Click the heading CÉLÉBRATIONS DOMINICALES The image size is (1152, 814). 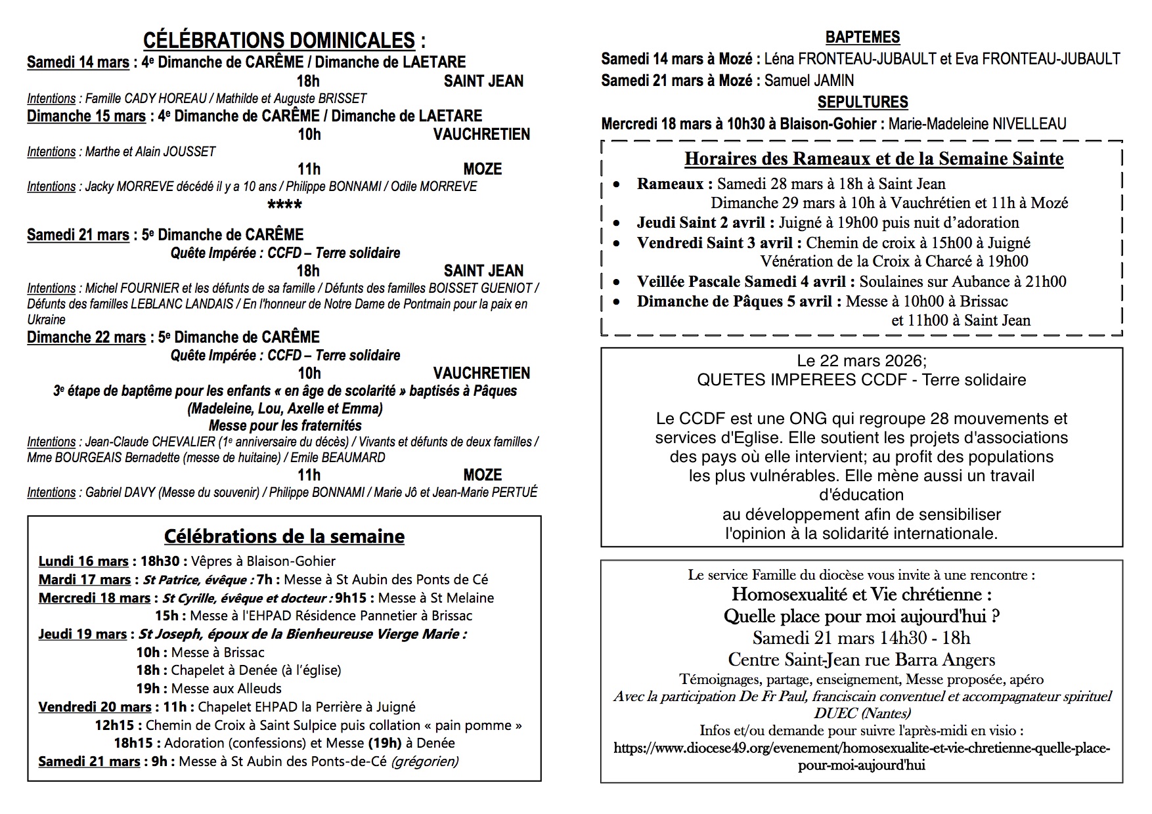click(x=279, y=41)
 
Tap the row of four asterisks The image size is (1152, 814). click(x=285, y=205)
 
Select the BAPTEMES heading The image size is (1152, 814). click(x=862, y=37)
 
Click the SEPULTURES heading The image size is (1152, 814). click(x=862, y=102)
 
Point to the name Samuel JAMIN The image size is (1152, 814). click(x=809, y=81)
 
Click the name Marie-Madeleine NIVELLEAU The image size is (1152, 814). click(x=977, y=124)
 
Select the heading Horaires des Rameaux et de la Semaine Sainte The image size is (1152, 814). click(x=874, y=159)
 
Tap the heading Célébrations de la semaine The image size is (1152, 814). click(x=284, y=536)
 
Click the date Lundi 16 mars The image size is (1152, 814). click(x=83, y=561)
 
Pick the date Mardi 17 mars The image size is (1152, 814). click(x=85, y=580)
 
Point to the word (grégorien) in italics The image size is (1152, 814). click(x=424, y=761)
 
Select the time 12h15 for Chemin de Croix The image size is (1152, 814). click(x=114, y=725)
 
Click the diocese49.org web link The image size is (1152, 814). click(x=862, y=748)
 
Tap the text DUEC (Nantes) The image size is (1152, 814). click(x=862, y=713)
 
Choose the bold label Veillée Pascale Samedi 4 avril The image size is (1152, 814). click(x=745, y=282)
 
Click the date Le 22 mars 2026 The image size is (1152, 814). click(x=860, y=361)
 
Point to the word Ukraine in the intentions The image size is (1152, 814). click(x=46, y=320)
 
